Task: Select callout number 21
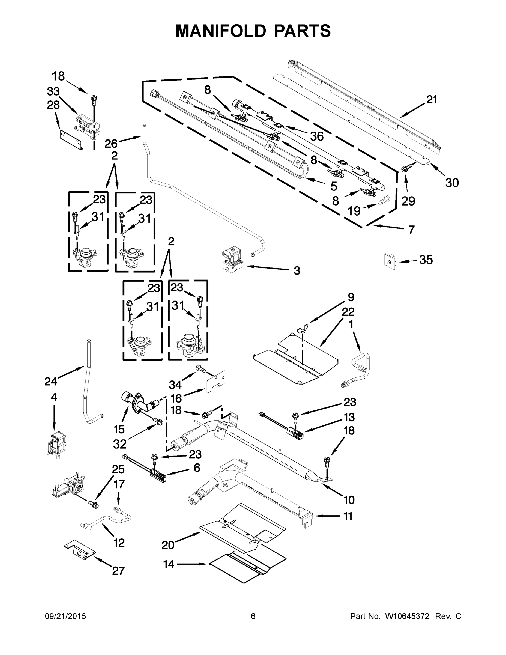pyautogui.click(x=432, y=100)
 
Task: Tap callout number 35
pyautogui.click(x=426, y=260)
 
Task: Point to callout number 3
pyautogui.click(x=297, y=271)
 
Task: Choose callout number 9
pyautogui.click(x=351, y=297)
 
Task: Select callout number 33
pyautogui.click(x=53, y=91)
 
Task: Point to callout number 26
pyautogui.click(x=111, y=144)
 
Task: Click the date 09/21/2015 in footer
pyautogui.click(x=65, y=616)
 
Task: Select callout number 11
pyautogui.click(x=348, y=516)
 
